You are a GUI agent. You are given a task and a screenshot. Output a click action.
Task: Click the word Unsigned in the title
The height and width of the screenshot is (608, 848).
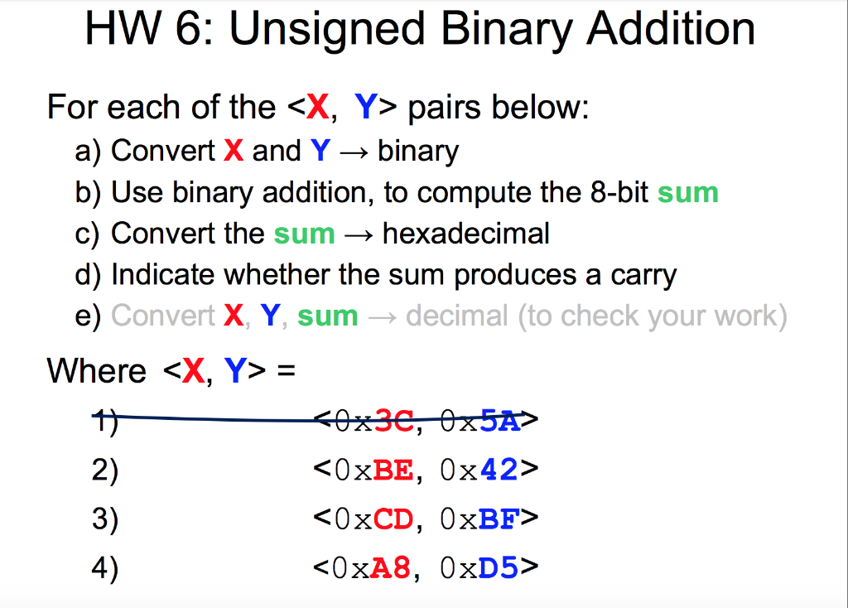(326, 29)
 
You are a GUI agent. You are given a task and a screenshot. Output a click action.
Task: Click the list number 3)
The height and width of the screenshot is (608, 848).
(105, 520)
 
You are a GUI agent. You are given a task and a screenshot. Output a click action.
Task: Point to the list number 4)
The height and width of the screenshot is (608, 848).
(105, 569)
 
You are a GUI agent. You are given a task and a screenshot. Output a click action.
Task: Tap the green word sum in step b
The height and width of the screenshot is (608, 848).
(687, 193)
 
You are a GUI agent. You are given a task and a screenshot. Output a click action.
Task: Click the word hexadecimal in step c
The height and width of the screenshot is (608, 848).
(465, 234)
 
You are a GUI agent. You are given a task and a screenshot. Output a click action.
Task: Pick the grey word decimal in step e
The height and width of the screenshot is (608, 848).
(457, 316)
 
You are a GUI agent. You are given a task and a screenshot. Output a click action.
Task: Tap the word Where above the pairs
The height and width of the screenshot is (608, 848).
(97, 370)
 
